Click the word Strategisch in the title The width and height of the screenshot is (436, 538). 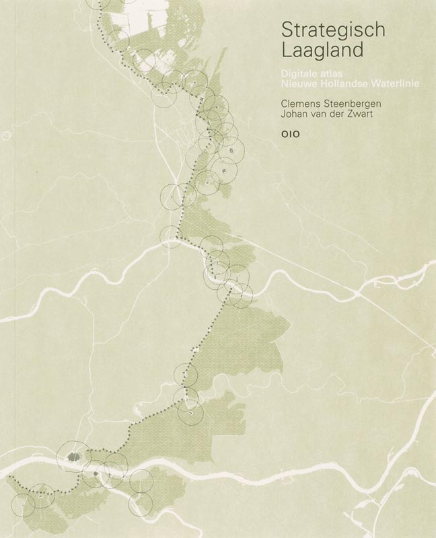tap(324, 29)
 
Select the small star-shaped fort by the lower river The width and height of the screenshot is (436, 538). tap(96, 474)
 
